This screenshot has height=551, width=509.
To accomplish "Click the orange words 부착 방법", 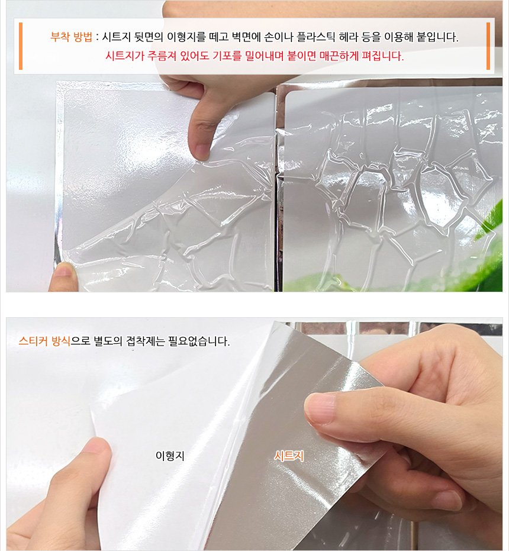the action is pyautogui.click(x=72, y=37).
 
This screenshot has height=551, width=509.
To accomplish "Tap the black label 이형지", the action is pyautogui.click(x=170, y=456).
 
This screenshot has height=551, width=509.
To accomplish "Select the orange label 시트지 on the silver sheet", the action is pyautogui.click(x=289, y=456).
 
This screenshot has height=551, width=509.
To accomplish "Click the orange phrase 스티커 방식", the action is pyautogui.click(x=44, y=340).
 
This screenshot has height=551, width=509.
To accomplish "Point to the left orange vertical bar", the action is pyautogui.click(x=21, y=46).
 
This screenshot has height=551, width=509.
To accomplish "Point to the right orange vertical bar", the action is pyautogui.click(x=488, y=46).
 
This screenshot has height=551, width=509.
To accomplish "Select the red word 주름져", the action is pyautogui.click(x=162, y=56).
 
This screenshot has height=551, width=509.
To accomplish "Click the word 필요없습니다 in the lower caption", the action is pyautogui.click(x=199, y=341).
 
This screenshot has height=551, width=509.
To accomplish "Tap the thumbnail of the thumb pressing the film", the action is pyautogui.click(x=201, y=151).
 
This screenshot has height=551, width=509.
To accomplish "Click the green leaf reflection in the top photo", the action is pyautogui.click(x=489, y=243).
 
